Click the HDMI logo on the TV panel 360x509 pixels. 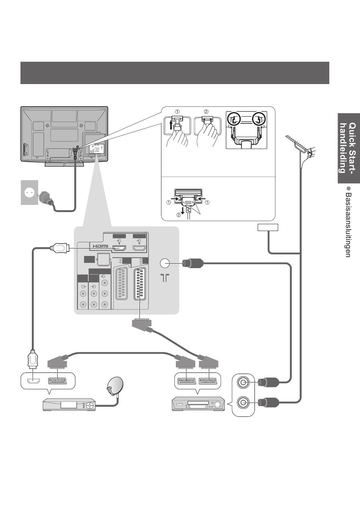coord(100,246)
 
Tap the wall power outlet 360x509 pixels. coord(30,192)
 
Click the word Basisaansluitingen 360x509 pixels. coord(348,225)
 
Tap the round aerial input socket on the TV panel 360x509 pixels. coord(164,263)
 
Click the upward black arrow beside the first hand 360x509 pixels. coord(171,126)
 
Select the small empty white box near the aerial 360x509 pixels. coord(268,227)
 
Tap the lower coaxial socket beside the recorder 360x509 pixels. coord(243,403)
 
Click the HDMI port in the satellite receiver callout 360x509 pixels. coord(34,381)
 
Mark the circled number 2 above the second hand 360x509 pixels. coord(206,112)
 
